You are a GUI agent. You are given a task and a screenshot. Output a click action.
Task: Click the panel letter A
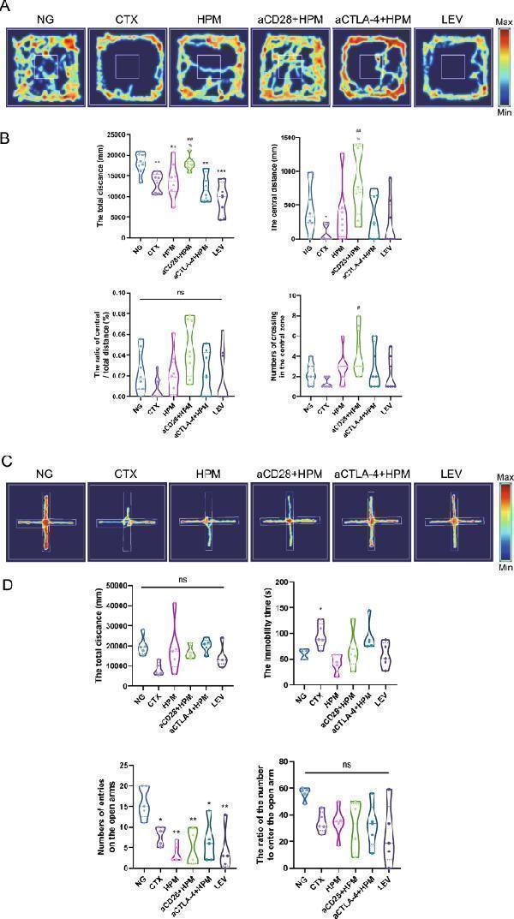point(8,9)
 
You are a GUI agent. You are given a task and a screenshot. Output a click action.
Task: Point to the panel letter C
point(8,461)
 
